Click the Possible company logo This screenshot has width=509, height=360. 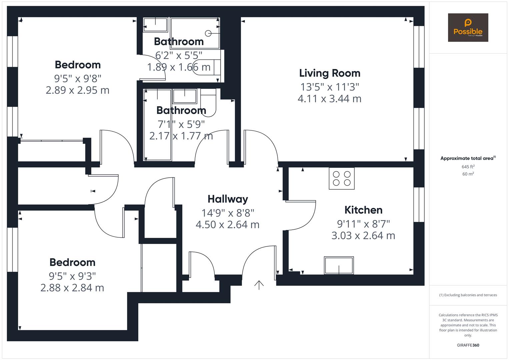coord(468,27)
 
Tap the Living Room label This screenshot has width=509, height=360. coord(330,73)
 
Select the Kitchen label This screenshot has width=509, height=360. coord(363,210)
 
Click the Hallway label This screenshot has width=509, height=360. coord(228,199)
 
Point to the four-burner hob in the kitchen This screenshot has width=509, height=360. coord(342,178)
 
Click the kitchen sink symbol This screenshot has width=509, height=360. coord(339,265)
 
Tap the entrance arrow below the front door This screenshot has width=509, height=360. coord(259,285)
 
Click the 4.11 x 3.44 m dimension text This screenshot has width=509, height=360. coord(329,99)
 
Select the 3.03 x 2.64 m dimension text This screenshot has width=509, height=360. coord(363,236)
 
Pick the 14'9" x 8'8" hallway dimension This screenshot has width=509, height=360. coord(228,213)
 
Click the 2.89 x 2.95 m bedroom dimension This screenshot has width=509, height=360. coord(77,90)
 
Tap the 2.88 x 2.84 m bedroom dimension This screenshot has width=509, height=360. coord(72,288)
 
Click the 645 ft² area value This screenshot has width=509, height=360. coord(468,167)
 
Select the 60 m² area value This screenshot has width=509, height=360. coord(468,174)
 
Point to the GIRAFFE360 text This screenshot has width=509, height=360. coord(468,345)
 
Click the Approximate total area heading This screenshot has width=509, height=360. coord(468,158)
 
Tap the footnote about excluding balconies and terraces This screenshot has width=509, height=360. coord(468,295)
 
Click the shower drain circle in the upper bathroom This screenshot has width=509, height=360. coord(208,33)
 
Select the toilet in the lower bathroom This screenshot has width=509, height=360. coord(208,103)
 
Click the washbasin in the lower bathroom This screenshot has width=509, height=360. coord(185,96)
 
